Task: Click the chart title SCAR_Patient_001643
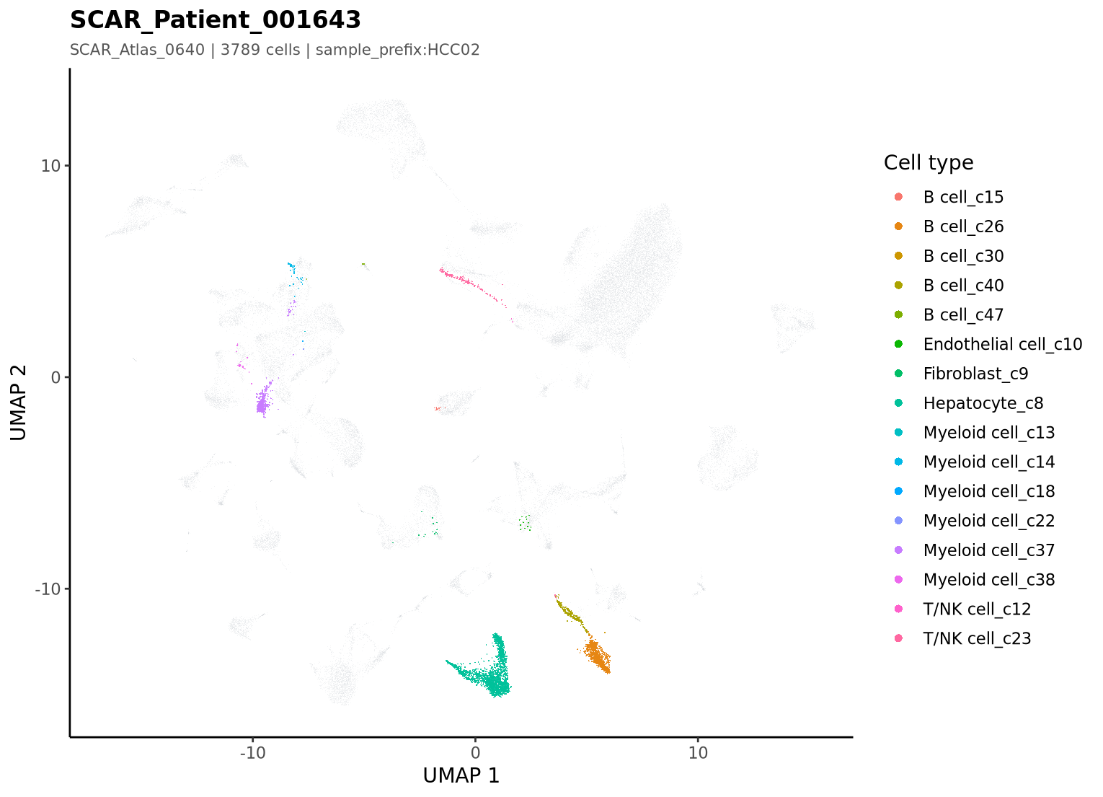point(215,20)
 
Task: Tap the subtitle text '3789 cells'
point(260,50)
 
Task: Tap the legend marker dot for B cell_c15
point(899,197)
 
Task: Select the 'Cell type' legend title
point(929,163)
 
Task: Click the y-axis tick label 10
point(50,166)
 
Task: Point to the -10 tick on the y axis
point(48,589)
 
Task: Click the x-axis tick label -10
point(252,753)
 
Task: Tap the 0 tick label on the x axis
point(475,753)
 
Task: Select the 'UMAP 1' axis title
point(461,776)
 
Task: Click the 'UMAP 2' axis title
point(18,402)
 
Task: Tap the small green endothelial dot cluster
point(525,523)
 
